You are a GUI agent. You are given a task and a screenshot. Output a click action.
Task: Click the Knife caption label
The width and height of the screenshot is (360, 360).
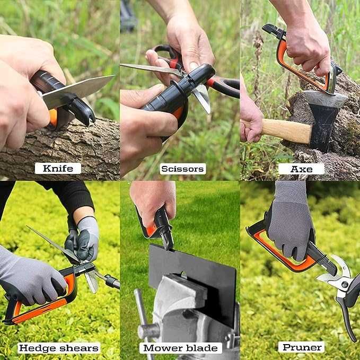tap(58, 169)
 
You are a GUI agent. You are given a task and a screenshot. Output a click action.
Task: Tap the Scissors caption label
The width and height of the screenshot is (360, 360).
tap(182, 169)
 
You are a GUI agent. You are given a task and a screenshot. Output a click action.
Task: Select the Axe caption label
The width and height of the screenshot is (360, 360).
tap(301, 169)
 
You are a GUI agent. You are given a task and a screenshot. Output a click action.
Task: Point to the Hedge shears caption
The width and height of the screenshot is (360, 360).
tap(59, 348)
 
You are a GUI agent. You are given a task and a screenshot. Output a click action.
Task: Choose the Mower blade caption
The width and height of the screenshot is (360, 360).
tap(181, 348)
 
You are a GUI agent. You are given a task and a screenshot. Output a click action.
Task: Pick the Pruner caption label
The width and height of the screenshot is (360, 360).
tap(301, 347)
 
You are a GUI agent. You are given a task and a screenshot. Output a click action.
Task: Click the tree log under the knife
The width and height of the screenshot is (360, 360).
tap(64, 148)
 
